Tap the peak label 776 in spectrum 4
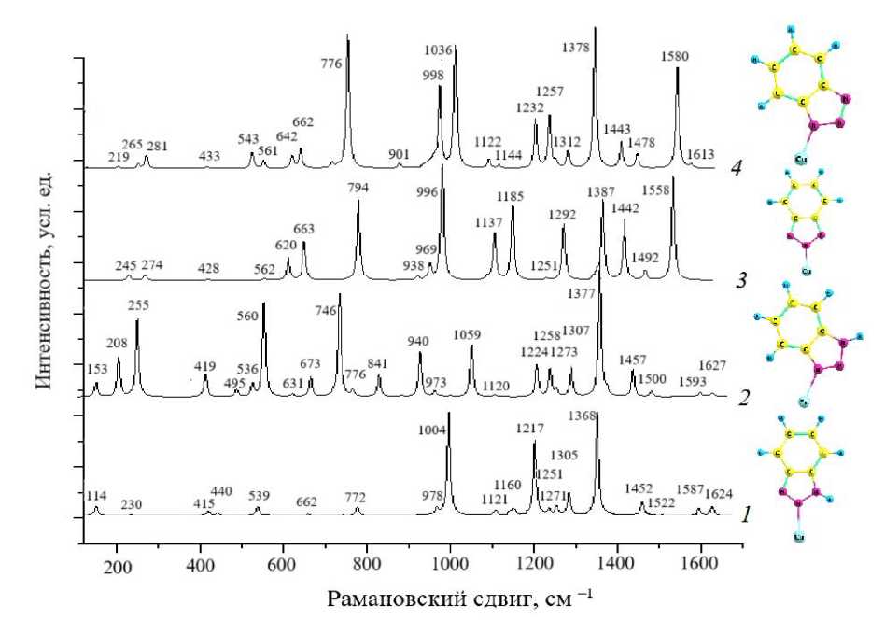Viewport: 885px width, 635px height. (330, 63)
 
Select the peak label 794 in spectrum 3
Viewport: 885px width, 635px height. (358, 188)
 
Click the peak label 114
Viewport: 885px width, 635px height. (96, 495)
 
